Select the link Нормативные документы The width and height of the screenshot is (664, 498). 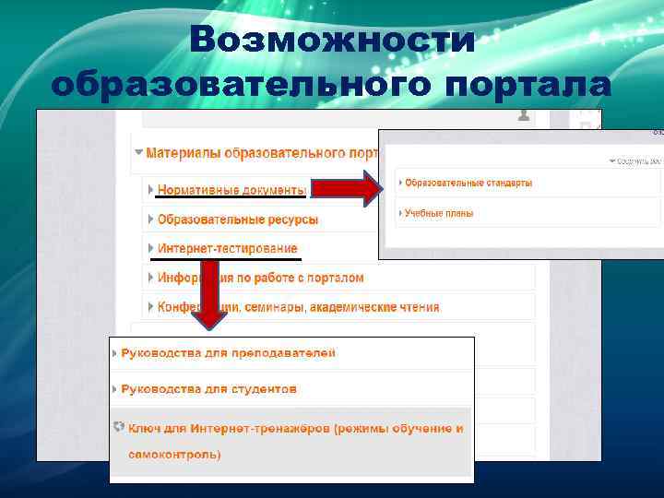point(231,190)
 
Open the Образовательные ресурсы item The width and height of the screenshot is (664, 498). point(238,219)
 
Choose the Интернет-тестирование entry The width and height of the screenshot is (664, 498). point(227,248)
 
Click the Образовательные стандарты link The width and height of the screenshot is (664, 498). point(468,183)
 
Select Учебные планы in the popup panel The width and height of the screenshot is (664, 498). point(439,213)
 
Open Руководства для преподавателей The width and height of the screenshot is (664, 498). point(228,353)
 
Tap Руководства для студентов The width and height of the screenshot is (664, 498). point(208,389)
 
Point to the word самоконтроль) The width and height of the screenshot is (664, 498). point(174,455)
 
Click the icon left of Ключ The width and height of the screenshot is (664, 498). point(117,427)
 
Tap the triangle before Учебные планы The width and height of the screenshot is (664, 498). point(400,213)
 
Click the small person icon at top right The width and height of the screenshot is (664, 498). point(525,116)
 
